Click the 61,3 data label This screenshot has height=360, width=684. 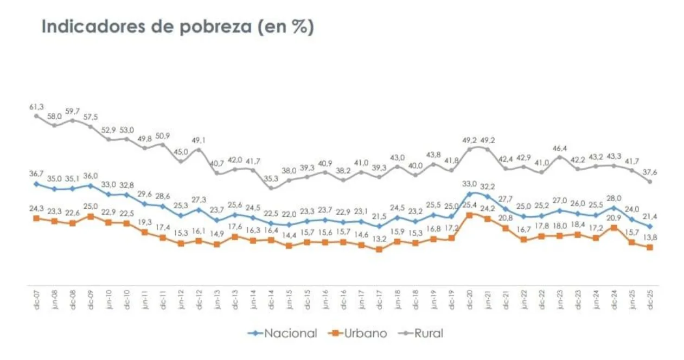coord(36,107)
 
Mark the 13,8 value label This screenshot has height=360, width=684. coord(650,237)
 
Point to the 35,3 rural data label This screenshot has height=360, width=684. coord(271,178)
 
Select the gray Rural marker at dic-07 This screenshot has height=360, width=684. coord(36,115)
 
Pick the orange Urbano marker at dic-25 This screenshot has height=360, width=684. coord(649,247)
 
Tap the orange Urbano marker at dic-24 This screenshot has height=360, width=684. coord(613,228)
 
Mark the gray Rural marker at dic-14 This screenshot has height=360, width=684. coord(271,188)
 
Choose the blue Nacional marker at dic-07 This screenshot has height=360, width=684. coord(36,184)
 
